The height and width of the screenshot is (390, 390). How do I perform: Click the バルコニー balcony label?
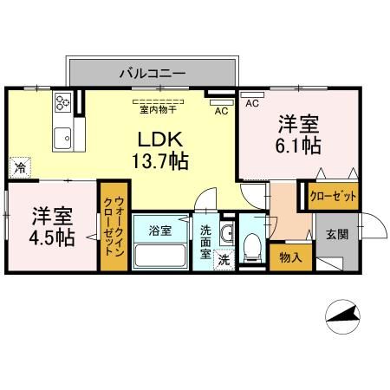[x=152, y=74]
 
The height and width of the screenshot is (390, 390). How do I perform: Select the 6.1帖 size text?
[x=297, y=145]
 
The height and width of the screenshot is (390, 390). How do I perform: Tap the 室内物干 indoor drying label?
[x=157, y=110]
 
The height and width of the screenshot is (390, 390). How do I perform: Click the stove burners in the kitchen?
[x=63, y=104]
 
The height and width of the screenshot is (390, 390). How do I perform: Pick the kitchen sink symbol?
[x=62, y=138]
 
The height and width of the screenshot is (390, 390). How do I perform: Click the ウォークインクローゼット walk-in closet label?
[x=114, y=228]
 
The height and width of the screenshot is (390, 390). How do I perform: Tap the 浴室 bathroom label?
[x=159, y=231]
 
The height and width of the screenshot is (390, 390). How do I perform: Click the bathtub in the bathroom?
[x=162, y=256]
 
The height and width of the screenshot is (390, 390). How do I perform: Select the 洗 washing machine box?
[x=223, y=259]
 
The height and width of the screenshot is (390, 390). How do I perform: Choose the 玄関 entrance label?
[x=337, y=234]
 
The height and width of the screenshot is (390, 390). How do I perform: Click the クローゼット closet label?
[x=334, y=197]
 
